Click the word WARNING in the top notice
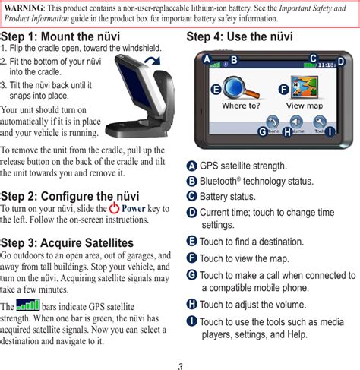24,8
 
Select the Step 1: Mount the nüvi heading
60,36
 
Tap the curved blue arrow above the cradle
153,61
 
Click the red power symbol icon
114,207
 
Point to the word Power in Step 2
134,208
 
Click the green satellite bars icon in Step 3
28,305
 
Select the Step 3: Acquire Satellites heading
67,242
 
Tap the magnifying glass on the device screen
240,88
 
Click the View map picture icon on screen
305,87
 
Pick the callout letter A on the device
207,59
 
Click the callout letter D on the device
341,62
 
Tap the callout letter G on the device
263,131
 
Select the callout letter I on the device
330,131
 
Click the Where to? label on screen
241,106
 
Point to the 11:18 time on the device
327,65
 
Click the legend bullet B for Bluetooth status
191,181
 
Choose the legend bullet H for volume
191,304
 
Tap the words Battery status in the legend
228,197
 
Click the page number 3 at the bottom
180,366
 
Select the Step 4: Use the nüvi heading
239,36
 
